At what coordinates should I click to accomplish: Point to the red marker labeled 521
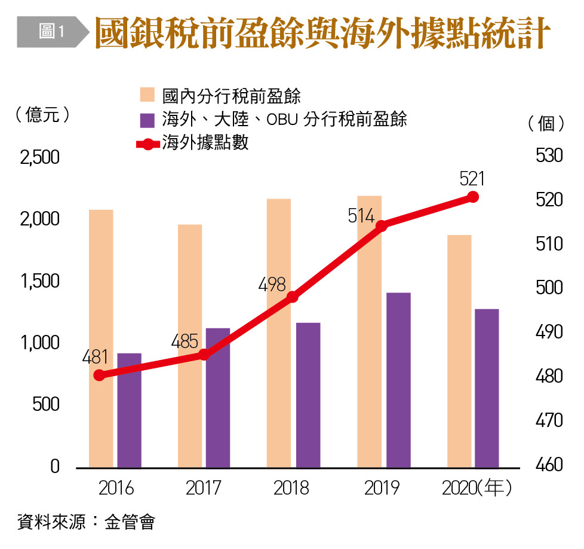(472, 197)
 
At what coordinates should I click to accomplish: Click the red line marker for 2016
(99, 375)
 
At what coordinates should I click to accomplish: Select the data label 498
(273, 285)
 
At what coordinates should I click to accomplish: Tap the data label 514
(361, 216)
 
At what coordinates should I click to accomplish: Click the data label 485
(185, 342)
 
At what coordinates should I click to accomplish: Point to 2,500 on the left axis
(40, 158)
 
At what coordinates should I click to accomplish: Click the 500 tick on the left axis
(46, 404)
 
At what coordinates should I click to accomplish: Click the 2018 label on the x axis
(291, 489)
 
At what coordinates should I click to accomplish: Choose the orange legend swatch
(147, 95)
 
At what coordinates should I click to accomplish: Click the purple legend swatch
(147, 119)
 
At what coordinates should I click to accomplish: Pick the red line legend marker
(147, 144)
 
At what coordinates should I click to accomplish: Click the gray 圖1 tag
(51, 31)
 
